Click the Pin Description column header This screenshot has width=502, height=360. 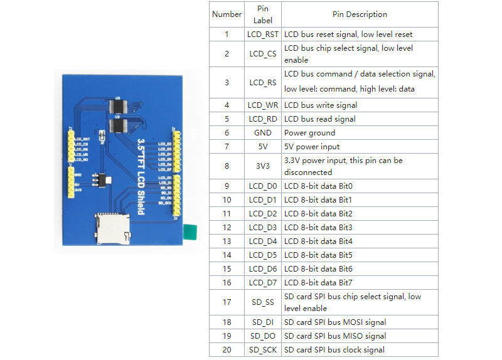(360, 14)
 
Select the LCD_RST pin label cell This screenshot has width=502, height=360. (262, 34)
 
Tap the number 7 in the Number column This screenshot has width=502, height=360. (227, 146)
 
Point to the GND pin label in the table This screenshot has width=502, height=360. (262, 132)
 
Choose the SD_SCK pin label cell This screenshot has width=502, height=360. (262, 349)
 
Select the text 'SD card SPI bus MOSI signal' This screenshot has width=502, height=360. (335, 322)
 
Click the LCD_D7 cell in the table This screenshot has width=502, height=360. (262, 282)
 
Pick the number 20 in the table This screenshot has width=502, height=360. (227, 349)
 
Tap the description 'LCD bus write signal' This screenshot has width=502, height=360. (321, 105)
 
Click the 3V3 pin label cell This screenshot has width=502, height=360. (262, 166)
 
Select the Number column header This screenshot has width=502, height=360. (227, 14)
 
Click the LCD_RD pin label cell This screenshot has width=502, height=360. (262, 119)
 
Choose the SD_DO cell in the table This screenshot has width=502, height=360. (262, 336)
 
